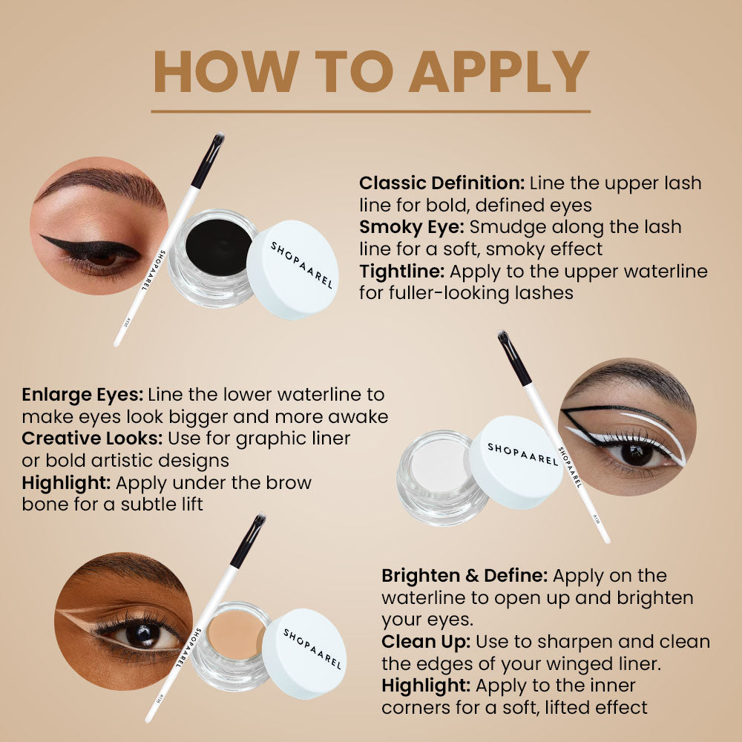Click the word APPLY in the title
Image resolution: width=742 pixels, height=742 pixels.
pyautogui.click(x=499, y=72)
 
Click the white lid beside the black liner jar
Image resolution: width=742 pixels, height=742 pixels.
pyautogui.click(x=292, y=269)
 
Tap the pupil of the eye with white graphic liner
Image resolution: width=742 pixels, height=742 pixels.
pyautogui.click(x=636, y=452)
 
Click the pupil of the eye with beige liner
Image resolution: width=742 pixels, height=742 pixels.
pyautogui.click(x=141, y=634)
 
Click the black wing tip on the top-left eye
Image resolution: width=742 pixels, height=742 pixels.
pyautogui.click(x=46, y=239)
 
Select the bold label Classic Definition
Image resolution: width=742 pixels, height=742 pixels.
pyautogui.click(x=441, y=183)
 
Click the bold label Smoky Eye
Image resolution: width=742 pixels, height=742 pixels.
pyautogui.click(x=411, y=226)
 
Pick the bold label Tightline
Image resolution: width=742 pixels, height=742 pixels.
pyautogui.click(x=401, y=271)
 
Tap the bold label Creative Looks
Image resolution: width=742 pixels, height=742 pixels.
pyautogui.click(x=92, y=439)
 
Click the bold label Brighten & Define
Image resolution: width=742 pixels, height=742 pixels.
pyautogui.click(x=464, y=576)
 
